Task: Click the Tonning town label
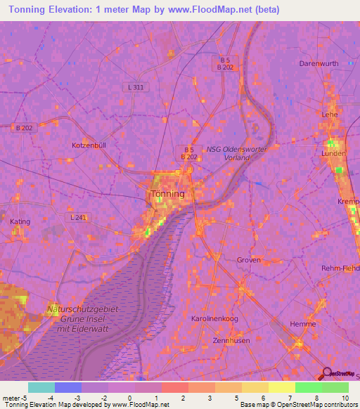168,194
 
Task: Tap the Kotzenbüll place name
89,145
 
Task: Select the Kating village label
20,221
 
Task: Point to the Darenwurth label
319,63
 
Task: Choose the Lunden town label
333,153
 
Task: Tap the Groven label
249,259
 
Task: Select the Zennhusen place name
214,339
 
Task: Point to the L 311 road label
138,87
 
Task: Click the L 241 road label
80,218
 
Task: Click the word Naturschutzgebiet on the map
83,309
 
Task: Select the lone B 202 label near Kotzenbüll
24,128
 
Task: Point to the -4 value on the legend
51,398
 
